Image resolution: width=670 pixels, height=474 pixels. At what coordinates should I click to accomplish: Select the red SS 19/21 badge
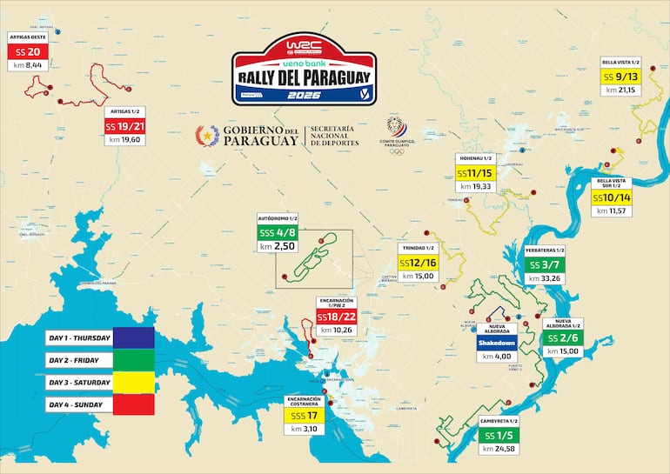click(x=124, y=126)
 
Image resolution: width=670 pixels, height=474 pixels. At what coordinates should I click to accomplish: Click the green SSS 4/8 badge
click(x=278, y=233)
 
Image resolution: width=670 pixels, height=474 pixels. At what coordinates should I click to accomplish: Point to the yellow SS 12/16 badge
click(x=418, y=263)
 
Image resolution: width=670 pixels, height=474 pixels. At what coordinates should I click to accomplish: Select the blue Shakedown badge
click(x=497, y=343)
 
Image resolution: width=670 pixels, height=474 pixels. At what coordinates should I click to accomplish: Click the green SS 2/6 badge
click(x=562, y=337)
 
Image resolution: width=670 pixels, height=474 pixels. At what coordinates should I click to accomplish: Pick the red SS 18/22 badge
click(x=336, y=317)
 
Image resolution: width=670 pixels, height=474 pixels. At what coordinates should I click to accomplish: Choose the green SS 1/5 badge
click(x=499, y=436)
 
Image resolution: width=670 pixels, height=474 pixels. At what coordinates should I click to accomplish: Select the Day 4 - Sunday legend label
click(x=77, y=405)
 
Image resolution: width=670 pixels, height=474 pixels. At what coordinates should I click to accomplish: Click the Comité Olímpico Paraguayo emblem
click(x=396, y=127)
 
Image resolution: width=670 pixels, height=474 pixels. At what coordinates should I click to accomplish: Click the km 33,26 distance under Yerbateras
click(x=545, y=278)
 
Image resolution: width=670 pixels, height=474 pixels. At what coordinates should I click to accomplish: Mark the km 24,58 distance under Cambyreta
click(x=499, y=449)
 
